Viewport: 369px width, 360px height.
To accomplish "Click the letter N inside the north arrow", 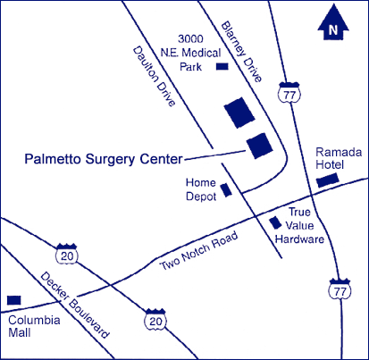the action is (x=333, y=29).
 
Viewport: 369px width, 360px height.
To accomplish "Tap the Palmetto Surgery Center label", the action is (x=104, y=159).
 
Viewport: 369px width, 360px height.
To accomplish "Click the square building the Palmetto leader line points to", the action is (x=260, y=146).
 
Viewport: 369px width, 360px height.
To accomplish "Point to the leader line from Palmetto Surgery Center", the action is (x=214, y=155).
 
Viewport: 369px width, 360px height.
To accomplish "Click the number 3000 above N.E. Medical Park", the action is (x=190, y=38).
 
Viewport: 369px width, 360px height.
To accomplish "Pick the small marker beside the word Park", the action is (x=222, y=66).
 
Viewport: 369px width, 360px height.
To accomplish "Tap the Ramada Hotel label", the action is (x=339, y=158).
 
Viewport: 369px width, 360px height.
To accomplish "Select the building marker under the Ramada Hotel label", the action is (x=328, y=180).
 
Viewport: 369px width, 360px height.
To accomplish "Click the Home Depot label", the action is (x=201, y=189).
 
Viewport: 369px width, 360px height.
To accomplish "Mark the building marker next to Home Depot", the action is (x=226, y=189).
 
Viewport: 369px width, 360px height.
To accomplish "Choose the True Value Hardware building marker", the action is (x=275, y=223).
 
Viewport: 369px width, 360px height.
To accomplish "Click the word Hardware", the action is (x=299, y=239).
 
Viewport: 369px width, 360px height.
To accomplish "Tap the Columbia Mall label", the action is (x=34, y=326).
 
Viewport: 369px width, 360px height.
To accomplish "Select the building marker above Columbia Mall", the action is (x=14, y=300).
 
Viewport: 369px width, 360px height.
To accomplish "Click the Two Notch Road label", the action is (x=199, y=251).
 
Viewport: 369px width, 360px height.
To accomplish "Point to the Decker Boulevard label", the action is (x=75, y=306).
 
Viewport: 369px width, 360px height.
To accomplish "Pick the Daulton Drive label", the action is (x=154, y=76).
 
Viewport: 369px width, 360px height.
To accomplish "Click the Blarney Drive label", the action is (x=241, y=51).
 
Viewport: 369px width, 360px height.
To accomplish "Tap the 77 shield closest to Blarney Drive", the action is (x=289, y=92).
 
